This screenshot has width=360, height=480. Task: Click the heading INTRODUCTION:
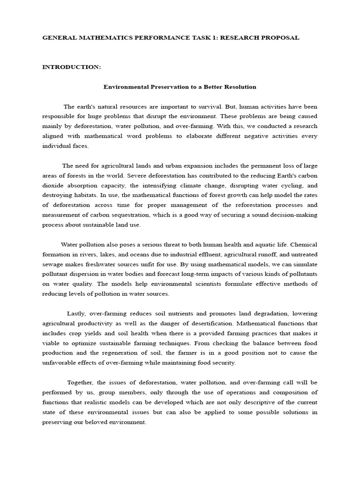point(71,67)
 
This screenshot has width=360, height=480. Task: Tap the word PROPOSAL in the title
point(278,37)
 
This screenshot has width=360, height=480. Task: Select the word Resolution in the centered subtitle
point(239,87)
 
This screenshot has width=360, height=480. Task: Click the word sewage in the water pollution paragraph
point(54,264)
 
